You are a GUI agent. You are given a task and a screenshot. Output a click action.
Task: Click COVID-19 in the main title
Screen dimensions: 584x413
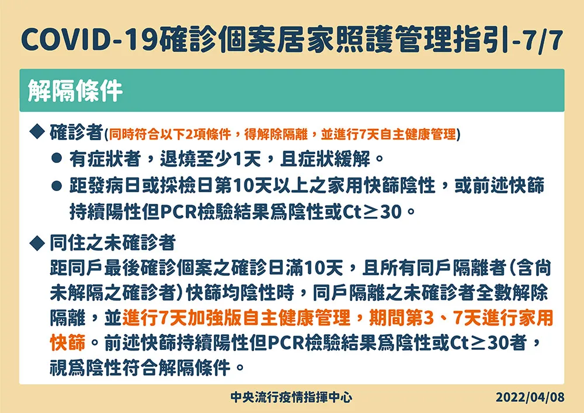[89, 40]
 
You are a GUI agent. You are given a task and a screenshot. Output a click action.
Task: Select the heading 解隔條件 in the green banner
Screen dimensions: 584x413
[75, 91]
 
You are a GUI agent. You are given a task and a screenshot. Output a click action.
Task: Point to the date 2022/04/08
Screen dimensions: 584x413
[530, 397]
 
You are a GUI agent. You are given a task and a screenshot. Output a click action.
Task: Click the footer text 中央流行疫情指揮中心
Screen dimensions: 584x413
[291, 397]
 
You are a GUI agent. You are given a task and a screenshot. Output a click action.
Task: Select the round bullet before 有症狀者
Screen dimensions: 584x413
[57, 158]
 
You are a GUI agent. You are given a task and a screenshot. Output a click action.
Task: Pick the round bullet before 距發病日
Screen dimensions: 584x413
[57, 185]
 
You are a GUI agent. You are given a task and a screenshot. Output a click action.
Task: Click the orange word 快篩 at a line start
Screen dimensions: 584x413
[68, 343]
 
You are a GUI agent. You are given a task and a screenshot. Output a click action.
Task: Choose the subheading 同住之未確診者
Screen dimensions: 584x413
[113, 243]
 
